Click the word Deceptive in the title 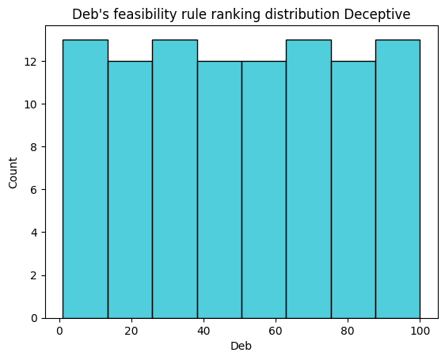tap(377, 14)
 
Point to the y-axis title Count tap(13, 172)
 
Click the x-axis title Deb tap(241, 346)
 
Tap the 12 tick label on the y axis tap(31, 62)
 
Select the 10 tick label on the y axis tap(31, 104)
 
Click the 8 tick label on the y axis tap(34, 147)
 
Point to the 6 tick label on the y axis tap(34, 190)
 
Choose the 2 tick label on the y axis tap(34, 275)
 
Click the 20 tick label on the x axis tap(131, 331)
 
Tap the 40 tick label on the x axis tap(203, 331)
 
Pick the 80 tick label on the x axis tap(348, 331)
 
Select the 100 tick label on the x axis tap(420, 331)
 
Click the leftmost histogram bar tap(86, 179)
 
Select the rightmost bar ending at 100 tap(398, 179)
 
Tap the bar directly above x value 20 tap(130, 190)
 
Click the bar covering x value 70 tap(309, 179)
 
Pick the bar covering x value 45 tap(219, 190)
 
